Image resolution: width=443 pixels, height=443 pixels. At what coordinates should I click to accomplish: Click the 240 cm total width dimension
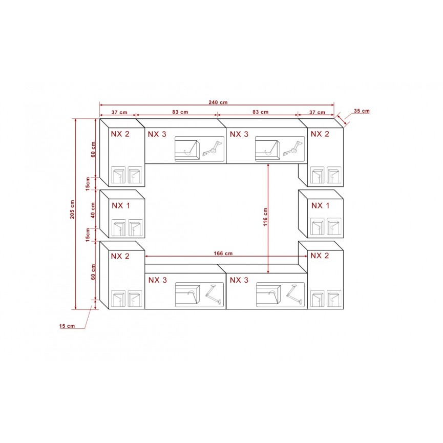pyautogui.click(x=218, y=102)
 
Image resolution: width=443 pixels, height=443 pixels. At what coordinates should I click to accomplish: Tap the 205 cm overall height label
pyautogui.click(x=72, y=209)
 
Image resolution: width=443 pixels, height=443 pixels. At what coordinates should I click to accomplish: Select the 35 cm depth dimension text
pyautogui.click(x=362, y=111)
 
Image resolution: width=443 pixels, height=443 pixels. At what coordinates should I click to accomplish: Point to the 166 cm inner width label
pyautogui.click(x=223, y=254)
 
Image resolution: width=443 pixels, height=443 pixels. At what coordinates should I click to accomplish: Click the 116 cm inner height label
pyautogui.click(x=265, y=217)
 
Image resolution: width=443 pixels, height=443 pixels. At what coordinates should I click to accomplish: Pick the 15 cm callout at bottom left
pyautogui.click(x=67, y=326)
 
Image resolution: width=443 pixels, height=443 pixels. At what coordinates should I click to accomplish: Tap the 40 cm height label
pyautogui.click(x=93, y=210)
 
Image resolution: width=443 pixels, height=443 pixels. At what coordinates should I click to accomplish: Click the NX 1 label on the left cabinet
pyautogui.click(x=121, y=206)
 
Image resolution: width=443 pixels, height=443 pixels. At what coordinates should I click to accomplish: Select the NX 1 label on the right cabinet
pyautogui.click(x=321, y=206)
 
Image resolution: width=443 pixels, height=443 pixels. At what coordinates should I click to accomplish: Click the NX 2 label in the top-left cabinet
pyautogui.click(x=120, y=134)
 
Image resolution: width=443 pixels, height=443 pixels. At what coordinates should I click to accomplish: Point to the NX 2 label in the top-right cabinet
pyautogui.click(x=320, y=134)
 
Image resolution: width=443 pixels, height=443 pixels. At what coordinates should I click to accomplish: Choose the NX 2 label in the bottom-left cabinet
pyautogui.click(x=120, y=256)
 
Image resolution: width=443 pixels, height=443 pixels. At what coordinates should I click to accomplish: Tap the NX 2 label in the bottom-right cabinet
pyautogui.click(x=320, y=256)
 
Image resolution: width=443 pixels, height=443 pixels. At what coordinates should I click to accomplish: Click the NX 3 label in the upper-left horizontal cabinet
pyautogui.click(x=157, y=134)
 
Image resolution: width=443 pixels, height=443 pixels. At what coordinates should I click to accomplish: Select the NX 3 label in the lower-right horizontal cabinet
pyautogui.click(x=239, y=280)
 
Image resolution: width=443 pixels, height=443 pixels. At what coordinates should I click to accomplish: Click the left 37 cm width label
pyautogui.click(x=119, y=112)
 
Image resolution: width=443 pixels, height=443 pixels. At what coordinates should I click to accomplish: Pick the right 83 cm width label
pyautogui.click(x=261, y=112)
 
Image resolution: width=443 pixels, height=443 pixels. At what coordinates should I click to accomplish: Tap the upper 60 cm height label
pyautogui.click(x=93, y=149)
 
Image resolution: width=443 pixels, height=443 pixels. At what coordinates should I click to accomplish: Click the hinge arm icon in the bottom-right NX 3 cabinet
pyautogui.click(x=294, y=294)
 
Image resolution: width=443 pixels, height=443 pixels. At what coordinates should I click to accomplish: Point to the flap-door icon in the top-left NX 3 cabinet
pyautogui.click(x=187, y=149)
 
